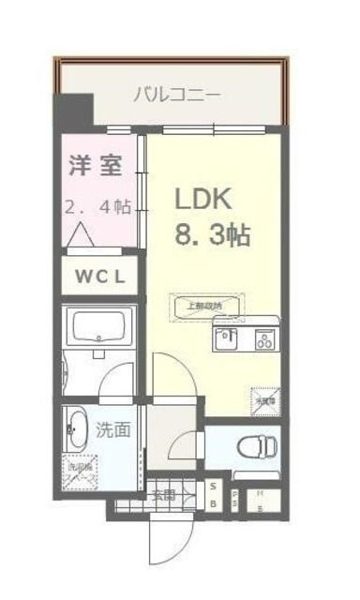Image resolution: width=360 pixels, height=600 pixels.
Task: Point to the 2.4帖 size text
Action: coord(97,208)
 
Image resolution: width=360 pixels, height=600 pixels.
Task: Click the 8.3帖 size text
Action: coord(214,235)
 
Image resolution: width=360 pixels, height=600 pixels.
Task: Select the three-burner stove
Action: coord(263,338)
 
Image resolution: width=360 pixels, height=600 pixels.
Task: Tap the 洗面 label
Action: coord(112,431)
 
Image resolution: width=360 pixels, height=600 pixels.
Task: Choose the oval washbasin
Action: coord(78,432)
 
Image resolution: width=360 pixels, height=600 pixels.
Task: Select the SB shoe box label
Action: coord(214,494)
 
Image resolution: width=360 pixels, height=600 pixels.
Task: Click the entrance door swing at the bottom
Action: coord(164,539)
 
